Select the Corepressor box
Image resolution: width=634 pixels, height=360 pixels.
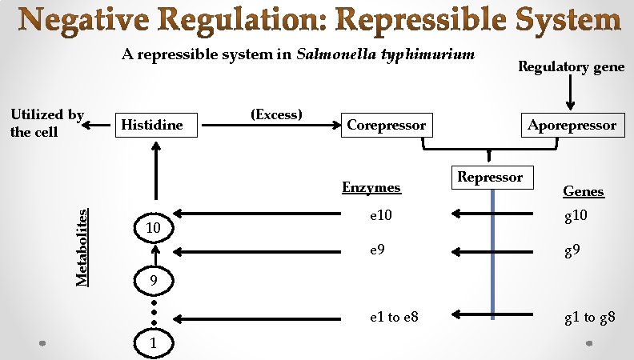pyautogui.click(x=386, y=125)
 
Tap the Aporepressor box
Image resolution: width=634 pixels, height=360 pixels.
pyautogui.click(x=572, y=125)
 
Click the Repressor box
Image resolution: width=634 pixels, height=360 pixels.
pyautogui.click(x=490, y=178)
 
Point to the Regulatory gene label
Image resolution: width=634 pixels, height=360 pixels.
pyautogui.click(x=571, y=67)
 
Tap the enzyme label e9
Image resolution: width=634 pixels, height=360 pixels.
pyautogui.click(x=377, y=251)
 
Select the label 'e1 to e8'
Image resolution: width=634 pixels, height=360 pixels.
pyautogui.click(x=393, y=318)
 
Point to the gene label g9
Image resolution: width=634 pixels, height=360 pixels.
pyautogui.click(x=572, y=251)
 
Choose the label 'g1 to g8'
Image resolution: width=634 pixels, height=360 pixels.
pyautogui.click(x=589, y=318)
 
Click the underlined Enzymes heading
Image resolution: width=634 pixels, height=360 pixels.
pyautogui.click(x=371, y=187)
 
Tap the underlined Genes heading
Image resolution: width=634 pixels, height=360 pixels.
pyautogui.click(x=584, y=191)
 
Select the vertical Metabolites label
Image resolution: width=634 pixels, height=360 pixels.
pyautogui.click(x=82, y=245)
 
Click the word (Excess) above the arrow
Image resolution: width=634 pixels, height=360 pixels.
pyautogui.click(x=276, y=114)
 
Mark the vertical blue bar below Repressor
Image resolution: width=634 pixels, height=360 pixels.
pyautogui.click(x=492, y=256)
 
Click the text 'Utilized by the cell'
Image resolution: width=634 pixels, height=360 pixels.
pyautogui.click(x=46, y=123)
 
